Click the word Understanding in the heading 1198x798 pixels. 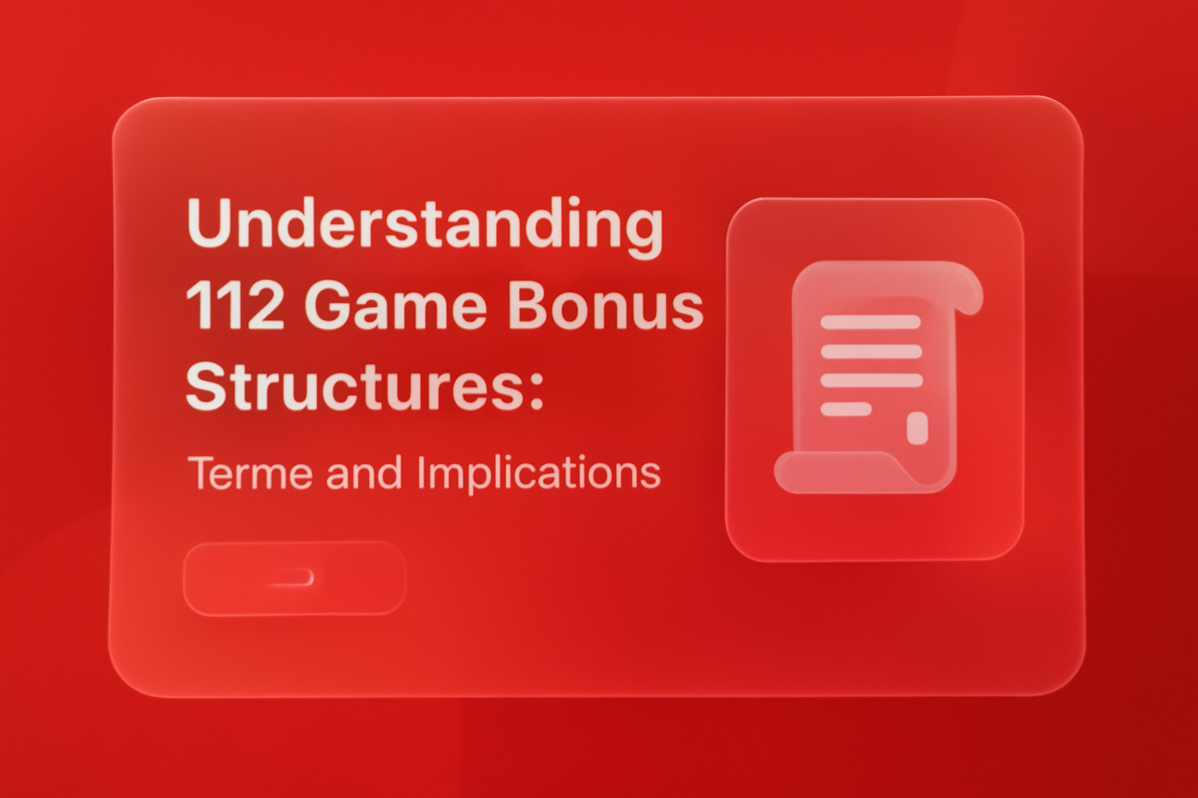425,224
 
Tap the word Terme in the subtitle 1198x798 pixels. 250,473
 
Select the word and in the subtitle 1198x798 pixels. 364,473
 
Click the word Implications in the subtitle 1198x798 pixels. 539,473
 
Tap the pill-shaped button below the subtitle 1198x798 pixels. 294,578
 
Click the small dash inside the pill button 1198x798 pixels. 293,578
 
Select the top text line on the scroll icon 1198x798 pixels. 870,323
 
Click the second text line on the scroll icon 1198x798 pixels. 871,351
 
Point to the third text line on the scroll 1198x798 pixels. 871,381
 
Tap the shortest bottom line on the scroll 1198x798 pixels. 846,409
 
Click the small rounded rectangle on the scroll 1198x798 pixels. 917,428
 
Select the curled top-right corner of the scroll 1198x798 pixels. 968,292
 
